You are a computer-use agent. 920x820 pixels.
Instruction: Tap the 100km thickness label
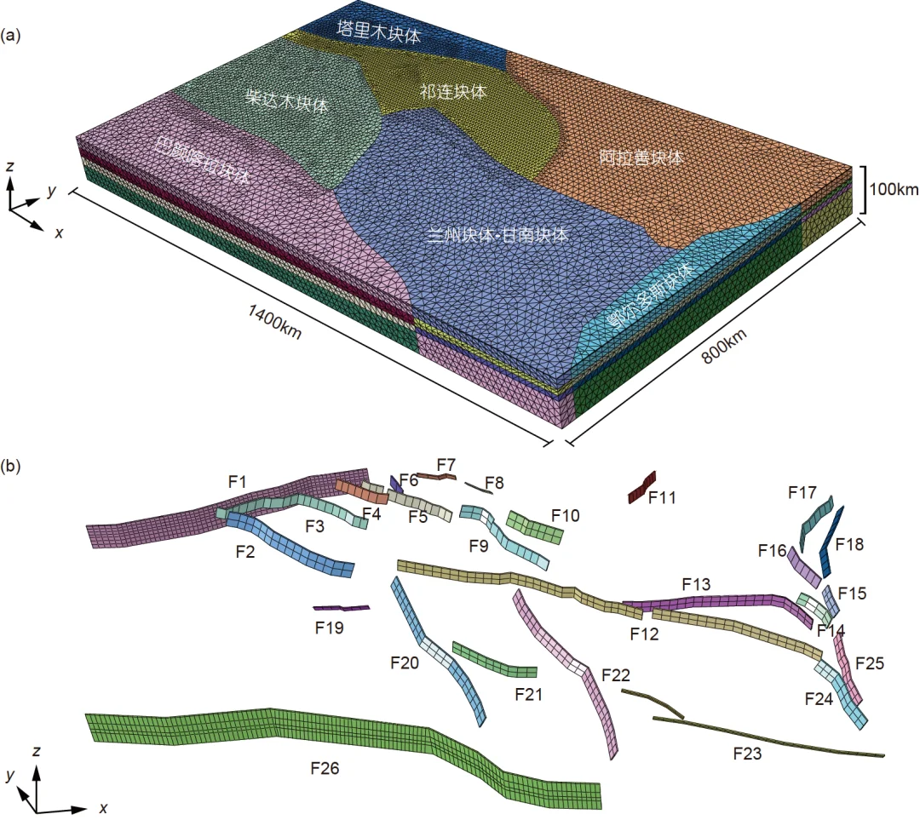[894, 189]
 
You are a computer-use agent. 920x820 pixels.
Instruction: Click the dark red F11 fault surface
[641, 487]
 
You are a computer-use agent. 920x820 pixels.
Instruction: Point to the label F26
[325, 768]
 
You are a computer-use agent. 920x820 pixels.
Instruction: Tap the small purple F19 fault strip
[341, 608]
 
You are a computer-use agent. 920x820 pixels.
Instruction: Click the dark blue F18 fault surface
[831, 542]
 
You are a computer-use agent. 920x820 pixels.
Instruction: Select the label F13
[695, 584]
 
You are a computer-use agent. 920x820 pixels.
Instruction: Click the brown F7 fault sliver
[438, 477]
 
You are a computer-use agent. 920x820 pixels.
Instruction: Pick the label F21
[528, 694]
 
